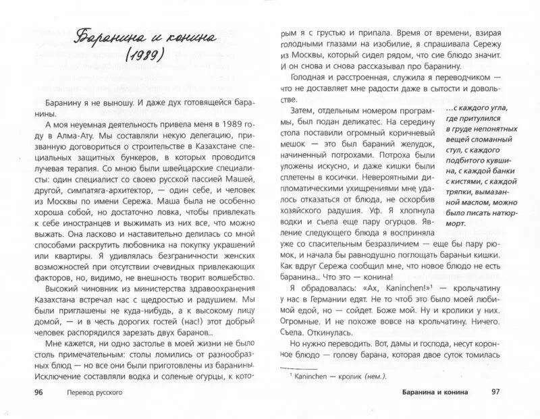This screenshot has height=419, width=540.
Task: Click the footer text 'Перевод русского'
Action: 94,392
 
